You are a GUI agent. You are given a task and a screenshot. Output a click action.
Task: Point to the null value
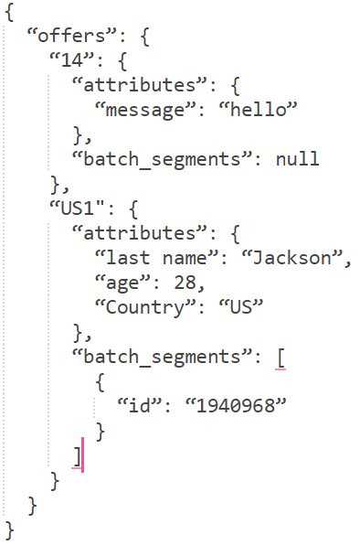(297, 159)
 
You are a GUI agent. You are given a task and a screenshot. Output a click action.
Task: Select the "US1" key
(76, 208)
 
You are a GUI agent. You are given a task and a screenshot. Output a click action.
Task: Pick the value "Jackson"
(295, 257)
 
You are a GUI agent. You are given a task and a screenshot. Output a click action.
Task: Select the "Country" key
(144, 306)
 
